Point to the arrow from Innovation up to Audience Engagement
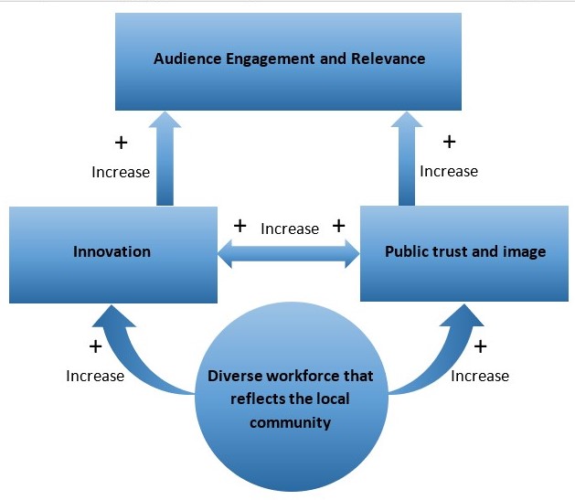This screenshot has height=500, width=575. [164, 160]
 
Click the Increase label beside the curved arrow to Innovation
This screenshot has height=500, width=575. [95, 376]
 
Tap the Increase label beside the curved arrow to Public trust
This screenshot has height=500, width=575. [480, 376]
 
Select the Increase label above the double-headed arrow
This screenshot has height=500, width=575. [290, 229]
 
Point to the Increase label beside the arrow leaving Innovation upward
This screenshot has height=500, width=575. [121, 172]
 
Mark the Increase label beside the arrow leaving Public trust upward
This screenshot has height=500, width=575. [448, 171]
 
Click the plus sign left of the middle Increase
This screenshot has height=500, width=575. [240, 226]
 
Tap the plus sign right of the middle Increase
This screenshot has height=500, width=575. [337, 226]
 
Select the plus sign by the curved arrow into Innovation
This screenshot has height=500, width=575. [95, 346]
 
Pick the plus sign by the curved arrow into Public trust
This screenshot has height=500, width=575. [480, 346]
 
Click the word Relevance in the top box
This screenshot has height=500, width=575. [390, 59]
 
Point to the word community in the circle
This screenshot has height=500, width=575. [290, 422]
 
